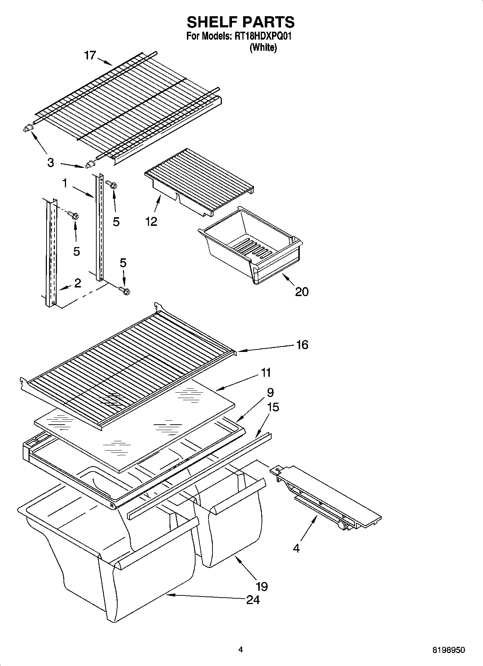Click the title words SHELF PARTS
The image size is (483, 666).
241,22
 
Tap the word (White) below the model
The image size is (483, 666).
263,48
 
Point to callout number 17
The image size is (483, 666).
90,56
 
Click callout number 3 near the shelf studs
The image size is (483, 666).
51,163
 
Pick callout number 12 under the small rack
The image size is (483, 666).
151,222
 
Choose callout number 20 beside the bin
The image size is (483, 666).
302,291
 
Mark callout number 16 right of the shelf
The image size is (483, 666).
302,345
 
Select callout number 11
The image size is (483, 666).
265,372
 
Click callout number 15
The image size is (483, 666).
273,407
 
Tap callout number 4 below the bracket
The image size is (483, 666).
296,549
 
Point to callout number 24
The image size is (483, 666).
253,600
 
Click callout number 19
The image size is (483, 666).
262,587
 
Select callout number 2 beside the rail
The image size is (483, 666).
78,283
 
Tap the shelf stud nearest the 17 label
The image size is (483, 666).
27,128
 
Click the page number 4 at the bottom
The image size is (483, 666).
241,649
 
